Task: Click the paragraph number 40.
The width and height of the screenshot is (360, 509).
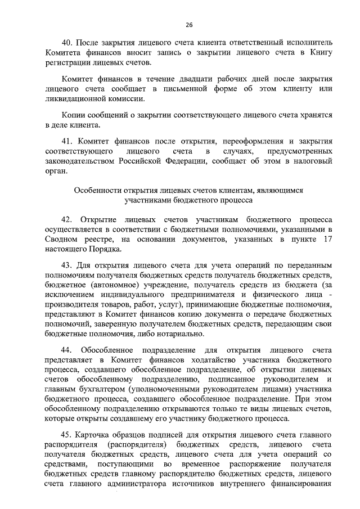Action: point(68,42)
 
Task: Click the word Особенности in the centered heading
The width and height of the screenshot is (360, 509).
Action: point(101,190)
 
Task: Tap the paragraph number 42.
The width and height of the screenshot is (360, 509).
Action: point(68,219)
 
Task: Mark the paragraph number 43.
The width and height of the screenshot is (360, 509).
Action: point(68,264)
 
